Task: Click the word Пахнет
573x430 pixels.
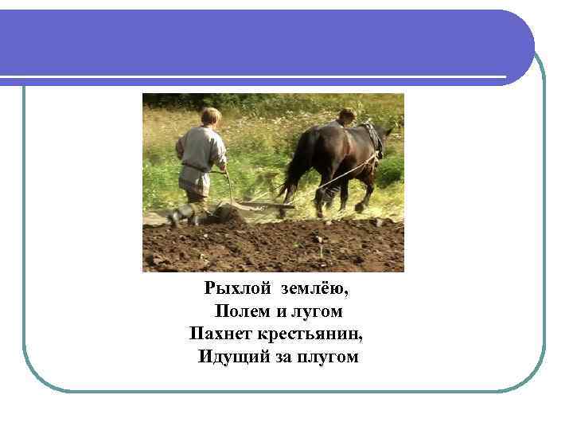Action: [219, 334]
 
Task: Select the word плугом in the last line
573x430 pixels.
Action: [327, 357]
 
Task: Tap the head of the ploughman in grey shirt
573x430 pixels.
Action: [211, 116]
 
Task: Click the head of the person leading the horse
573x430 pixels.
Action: [346, 115]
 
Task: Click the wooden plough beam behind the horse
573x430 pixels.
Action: [263, 205]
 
